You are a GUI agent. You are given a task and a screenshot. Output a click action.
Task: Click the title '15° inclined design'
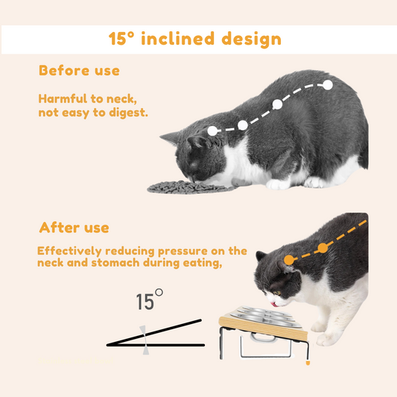tap(195, 39)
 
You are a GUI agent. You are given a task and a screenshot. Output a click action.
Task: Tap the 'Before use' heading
tap(79, 71)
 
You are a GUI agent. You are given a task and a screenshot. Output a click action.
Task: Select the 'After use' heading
tap(74, 227)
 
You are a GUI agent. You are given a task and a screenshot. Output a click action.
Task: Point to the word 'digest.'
tap(128, 113)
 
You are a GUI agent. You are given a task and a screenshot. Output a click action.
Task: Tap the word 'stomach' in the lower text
tap(115, 263)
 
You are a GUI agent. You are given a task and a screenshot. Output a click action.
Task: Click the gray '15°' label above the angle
tap(150, 299)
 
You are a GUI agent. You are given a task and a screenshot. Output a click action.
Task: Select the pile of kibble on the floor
tap(190, 188)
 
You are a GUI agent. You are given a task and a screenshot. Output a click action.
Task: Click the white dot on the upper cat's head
tap(212, 130)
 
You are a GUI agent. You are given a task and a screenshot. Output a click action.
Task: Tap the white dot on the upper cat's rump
tap(328, 85)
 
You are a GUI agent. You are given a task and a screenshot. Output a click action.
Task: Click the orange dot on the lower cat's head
tap(289, 260)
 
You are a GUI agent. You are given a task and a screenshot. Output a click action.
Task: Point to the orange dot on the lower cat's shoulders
tap(323, 248)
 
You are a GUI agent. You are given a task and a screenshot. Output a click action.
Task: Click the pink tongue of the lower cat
tap(274, 304)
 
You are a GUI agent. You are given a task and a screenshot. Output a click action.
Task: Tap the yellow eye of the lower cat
tap(277, 293)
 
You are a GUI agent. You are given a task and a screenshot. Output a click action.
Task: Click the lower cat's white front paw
tap(325, 339)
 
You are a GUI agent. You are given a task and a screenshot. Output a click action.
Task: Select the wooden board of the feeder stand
tap(264, 325)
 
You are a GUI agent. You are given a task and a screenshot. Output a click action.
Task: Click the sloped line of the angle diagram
tap(154, 332)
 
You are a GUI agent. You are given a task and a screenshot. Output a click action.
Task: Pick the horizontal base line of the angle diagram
tap(156, 345)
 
